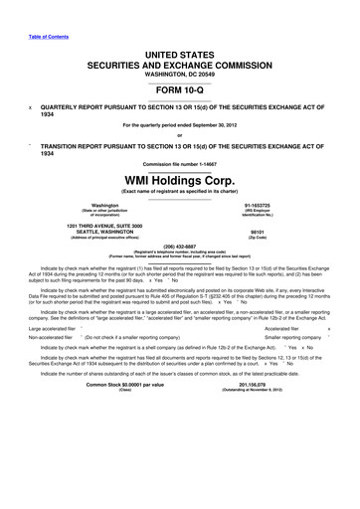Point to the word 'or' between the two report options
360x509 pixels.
pyautogui.click(x=180, y=134)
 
